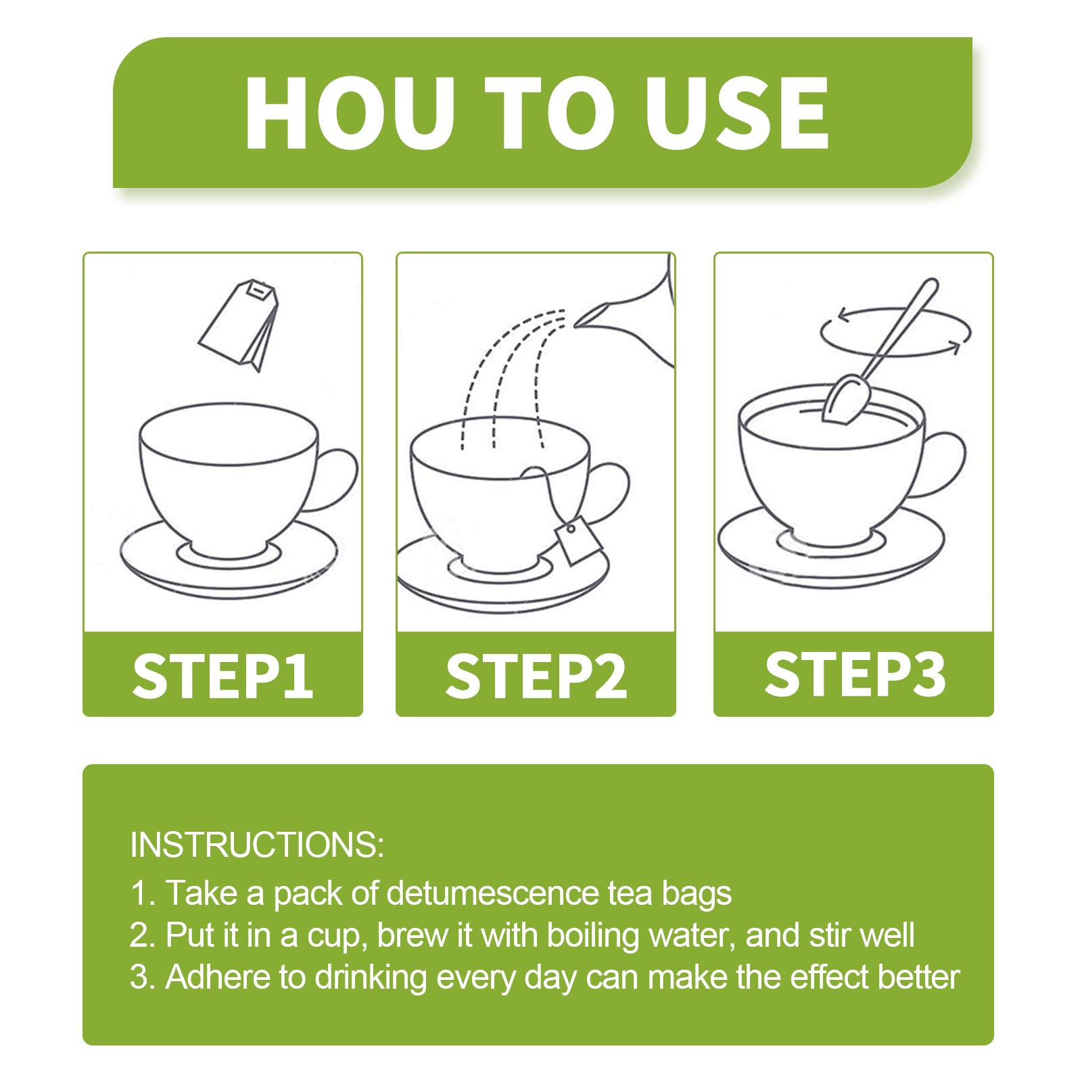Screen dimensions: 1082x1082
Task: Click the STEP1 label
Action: point(222,676)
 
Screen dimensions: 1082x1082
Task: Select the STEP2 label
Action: point(536,676)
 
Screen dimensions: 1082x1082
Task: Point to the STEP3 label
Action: point(854,674)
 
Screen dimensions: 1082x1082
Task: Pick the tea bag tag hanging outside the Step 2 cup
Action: point(578,540)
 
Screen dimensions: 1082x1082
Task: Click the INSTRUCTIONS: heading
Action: point(257,845)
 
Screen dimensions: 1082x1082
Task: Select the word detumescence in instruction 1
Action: point(493,893)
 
